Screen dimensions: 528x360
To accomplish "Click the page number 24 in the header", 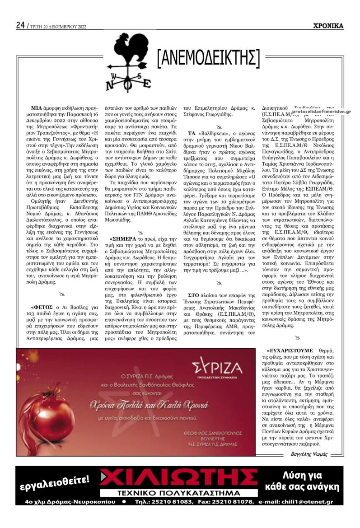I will point(20,25).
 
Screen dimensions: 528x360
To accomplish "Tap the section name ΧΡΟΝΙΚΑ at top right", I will point(328,26).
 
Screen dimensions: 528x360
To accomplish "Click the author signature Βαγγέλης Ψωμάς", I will point(309,454).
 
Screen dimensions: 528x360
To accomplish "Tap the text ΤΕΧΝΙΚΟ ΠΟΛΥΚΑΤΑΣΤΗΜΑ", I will point(179,493).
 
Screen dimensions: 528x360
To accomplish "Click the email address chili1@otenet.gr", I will point(310,502).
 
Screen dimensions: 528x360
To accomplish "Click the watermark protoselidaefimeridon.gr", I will point(321,111).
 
